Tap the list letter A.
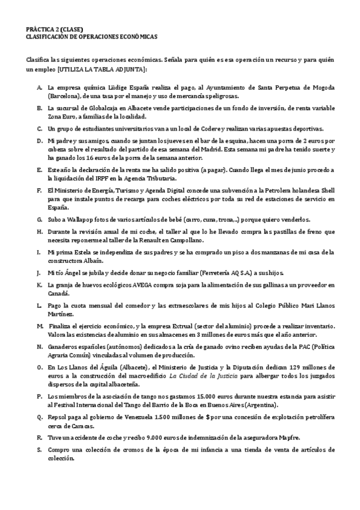tap(39, 87)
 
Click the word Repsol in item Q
tap(58, 417)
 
